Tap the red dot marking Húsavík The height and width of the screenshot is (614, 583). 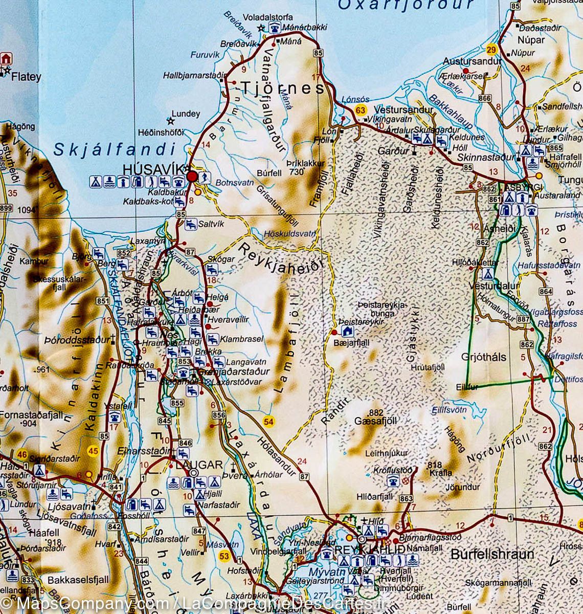pos(192,177)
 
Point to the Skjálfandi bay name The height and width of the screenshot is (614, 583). pos(115,149)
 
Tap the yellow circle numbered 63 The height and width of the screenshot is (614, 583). pos(361,110)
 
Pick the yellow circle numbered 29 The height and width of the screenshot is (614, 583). pos(491,50)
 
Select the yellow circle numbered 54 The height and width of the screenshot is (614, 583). pos(268,421)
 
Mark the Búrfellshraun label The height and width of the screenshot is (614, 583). pos(492,554)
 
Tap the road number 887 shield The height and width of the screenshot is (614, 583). pos(523,319)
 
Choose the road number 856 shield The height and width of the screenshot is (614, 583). pos(219,415)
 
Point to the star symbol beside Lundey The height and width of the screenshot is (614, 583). pos(170,121)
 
